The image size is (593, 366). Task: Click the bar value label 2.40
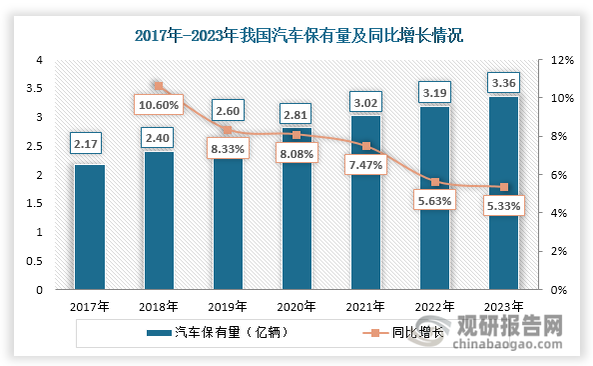158,135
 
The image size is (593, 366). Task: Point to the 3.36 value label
502,81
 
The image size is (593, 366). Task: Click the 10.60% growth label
158,104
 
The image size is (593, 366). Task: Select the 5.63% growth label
433,200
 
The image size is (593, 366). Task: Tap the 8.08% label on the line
296,155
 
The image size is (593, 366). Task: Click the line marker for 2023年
503,187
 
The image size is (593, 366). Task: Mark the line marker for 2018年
158,86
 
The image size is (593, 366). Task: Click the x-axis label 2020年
296,306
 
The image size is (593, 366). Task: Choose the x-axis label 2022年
433,306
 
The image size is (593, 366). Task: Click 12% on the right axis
561,60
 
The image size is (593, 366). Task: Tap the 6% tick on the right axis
559,175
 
